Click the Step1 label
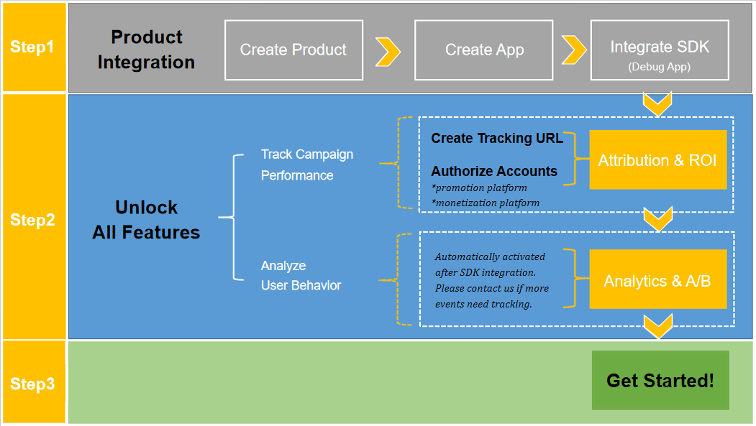[32, 47]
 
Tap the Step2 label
[32, 220]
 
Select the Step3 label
[32, 384]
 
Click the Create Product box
[293, 50]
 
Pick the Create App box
[484, 50]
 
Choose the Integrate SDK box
[660, 50]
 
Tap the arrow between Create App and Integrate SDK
[573, 50]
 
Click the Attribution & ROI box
[657, 160]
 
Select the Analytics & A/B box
[657, 281]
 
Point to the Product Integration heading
[146, 50]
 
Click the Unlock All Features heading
[146, 220]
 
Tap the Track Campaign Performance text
[307, 165]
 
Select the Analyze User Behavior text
[301, 275]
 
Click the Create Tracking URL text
[497, 138]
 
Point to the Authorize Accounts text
[494, 171]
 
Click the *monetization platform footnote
[486, 203]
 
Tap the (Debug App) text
[660, 67]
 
